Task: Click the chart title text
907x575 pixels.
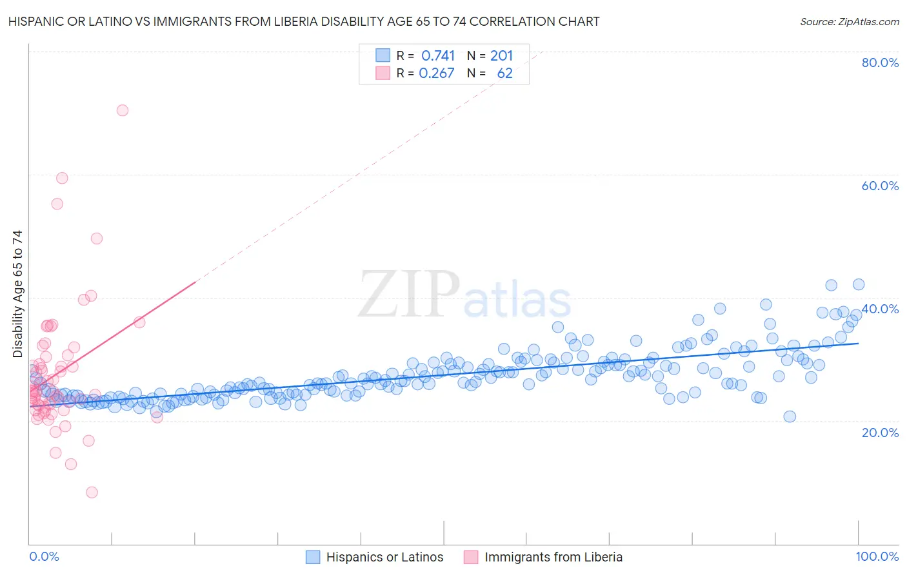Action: pos(304,21)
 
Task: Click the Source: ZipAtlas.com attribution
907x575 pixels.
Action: pos(849,21)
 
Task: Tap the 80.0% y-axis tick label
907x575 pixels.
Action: pos(880,63)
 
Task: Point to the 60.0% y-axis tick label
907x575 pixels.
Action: pos(880,186)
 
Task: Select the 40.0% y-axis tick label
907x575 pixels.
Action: pos(880,309)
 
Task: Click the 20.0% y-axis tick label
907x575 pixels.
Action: pos(880,433)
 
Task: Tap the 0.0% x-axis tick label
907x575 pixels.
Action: pos(44,556)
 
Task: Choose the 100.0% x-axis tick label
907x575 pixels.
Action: pos(877,556)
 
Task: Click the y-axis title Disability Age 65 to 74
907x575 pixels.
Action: pos(17,294)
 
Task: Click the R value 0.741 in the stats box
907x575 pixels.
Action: pos(438,55)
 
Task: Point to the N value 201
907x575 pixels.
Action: pos(501,55)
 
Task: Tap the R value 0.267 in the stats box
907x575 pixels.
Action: pos(437,73)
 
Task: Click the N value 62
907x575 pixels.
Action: pos(504,73)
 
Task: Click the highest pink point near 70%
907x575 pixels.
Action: pos(122,110)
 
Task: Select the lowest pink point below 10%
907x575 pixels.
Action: pos(92,492)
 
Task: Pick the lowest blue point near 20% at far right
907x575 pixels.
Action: pos(790,416)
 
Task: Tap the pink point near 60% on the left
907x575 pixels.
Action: pos(62,178)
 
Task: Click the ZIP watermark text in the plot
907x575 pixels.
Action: pos(409,295)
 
